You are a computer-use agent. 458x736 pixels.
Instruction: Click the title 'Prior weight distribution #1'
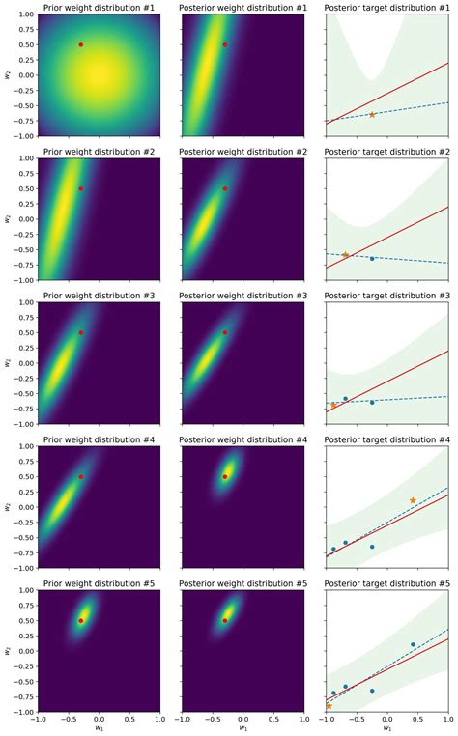coord(99,8)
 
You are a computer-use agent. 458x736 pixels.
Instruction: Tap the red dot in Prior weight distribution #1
coord(80,44)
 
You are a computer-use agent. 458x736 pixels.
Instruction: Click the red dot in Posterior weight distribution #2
coord(225,188)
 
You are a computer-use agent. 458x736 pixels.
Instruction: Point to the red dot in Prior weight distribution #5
coord(80,620)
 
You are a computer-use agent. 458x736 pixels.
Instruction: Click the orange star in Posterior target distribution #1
coord(372,115)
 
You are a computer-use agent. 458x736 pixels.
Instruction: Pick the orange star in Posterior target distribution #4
coord(413,500)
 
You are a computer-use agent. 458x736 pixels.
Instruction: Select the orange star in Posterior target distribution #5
coord(329,706)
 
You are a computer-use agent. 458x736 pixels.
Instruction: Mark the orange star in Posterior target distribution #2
coord(345,255)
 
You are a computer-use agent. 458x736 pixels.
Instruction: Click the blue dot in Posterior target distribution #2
coord(372,258)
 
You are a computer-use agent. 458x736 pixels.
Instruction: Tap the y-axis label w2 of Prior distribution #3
coord(9,363)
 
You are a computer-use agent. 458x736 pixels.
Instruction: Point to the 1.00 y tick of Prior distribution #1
coord(22,14)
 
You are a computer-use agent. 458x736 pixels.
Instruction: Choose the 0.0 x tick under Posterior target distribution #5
coord(386,720)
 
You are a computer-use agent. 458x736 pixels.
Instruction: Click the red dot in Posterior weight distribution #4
coord(225,476)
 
